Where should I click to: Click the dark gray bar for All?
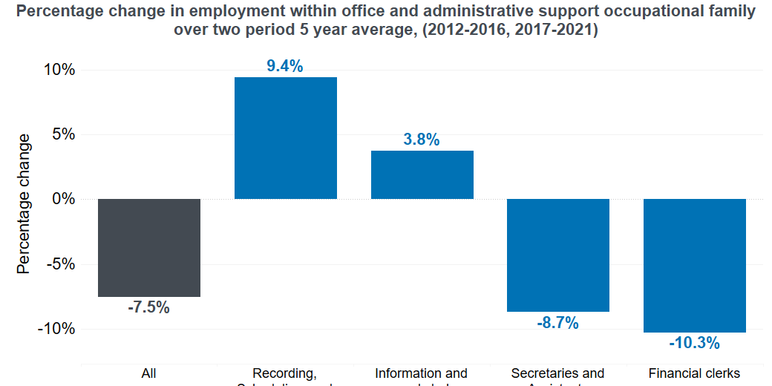click(149, 248)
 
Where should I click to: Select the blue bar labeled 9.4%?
click(286, 138)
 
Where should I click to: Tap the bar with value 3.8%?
click(422, 175)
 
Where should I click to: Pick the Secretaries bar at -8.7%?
click(558, 255)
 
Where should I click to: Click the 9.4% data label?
click(285, 66)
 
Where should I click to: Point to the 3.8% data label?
click(422, 140)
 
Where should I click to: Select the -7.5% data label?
click(148, 307)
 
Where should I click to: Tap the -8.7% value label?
click(557, 322)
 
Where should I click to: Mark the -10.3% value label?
click(694, 343)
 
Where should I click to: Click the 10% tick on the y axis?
click(57, 71)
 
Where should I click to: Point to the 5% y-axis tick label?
click(62, 135)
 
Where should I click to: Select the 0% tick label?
click(62, 200)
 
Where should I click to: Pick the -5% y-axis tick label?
click(59, 264)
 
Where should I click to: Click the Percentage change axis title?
click(24, 203)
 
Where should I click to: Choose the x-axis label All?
click(148, 373)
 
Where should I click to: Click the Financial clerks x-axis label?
click(694, 373)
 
